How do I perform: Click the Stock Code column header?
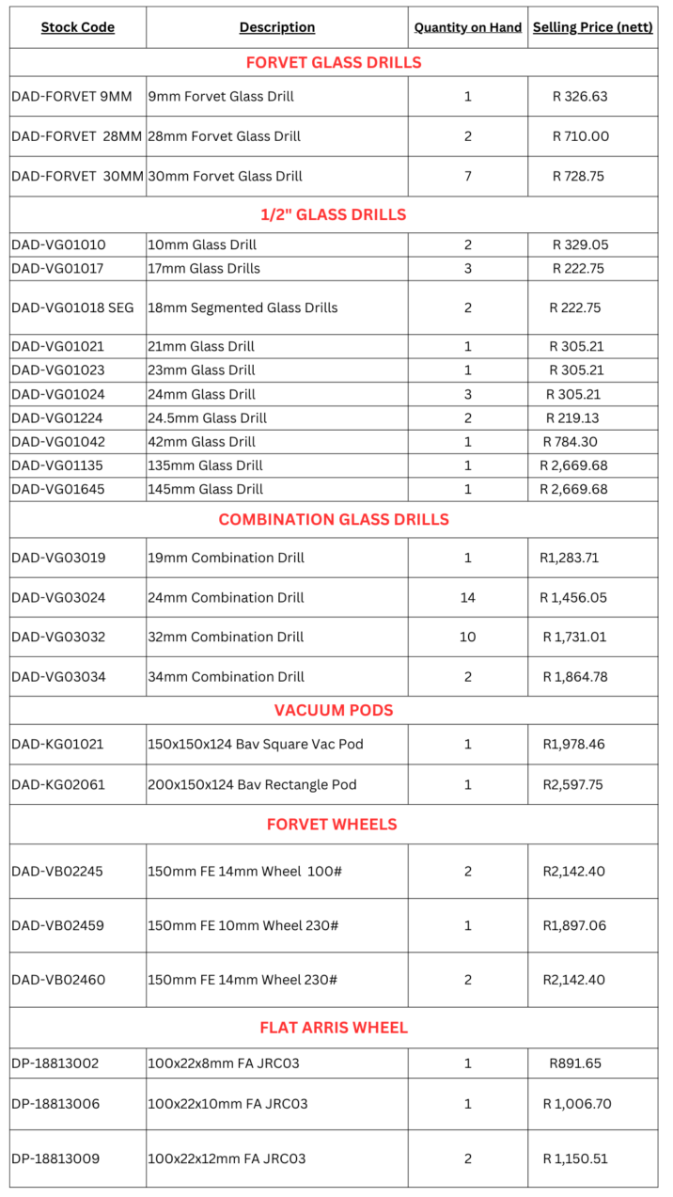[77, 27]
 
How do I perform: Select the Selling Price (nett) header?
[592, 27]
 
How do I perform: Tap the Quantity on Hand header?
[468, 27]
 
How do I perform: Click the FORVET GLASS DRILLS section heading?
[334, 63]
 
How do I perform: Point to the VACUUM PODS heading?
[334, 710]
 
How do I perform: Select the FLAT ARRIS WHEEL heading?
[334, 1028]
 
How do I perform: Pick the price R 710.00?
[580, 136]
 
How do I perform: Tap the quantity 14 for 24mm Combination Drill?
[468, 597]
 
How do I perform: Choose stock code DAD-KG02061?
[57, 784]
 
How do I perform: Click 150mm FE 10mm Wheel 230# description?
[243, 925]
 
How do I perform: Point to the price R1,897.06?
[574, 925]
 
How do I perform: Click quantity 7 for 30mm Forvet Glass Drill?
[468, 176]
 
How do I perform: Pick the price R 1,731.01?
[574, 637]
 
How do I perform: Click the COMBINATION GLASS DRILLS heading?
[334, 519]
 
